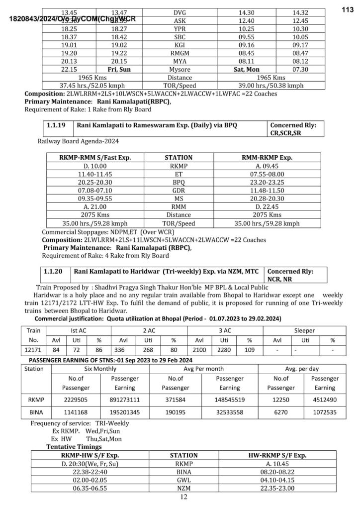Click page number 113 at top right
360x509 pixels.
[x=347, y=9]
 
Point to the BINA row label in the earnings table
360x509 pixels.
[x=34, y=412]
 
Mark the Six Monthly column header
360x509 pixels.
[x=100, y=369]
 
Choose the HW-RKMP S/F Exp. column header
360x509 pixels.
[x=277, y=455]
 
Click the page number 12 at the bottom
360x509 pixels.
[x=183, y=498]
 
